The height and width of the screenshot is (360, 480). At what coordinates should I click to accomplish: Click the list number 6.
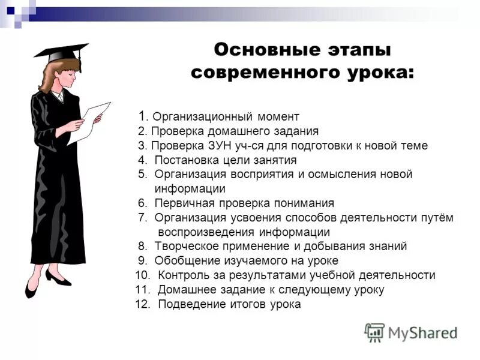(x=142, y=203)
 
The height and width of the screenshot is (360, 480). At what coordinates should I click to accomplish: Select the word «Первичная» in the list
(x=181, y=203)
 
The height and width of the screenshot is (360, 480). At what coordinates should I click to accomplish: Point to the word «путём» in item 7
(x=435, y=218)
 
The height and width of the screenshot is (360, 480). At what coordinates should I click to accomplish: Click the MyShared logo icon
(x=374, y=332)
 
